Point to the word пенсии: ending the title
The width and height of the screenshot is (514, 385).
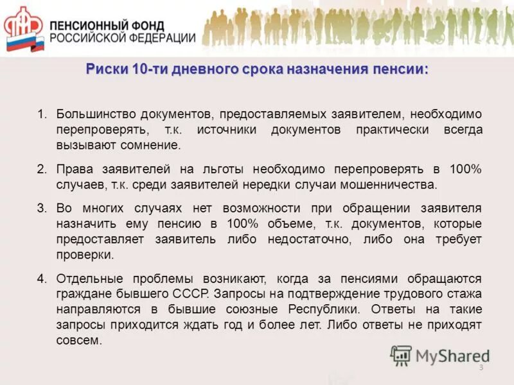coord(400,69)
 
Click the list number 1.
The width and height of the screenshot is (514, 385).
coord(42,114)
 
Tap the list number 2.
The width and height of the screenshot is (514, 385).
coord(42,170)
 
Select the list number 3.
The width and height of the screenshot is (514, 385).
coord(42,209)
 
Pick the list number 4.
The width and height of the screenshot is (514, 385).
coord(42,279)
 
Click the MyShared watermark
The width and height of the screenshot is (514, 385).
coord(441,355)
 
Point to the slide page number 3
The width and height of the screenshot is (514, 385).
coord(481,367)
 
